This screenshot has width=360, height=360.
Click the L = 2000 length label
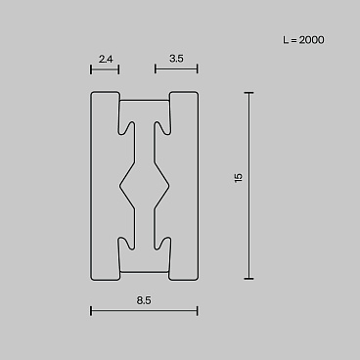(x=303, y=40)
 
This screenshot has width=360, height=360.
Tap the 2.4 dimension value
(x=106, y=59)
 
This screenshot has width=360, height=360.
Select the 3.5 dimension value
(x=176, y=59)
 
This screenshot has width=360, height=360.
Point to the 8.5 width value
(x=144, y=300)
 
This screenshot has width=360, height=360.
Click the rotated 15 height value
(x=239, y=178)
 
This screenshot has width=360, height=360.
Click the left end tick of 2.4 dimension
(x=91, y=69)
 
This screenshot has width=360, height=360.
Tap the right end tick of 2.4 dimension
(x=118, y=69)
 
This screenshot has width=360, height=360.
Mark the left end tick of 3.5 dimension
(x=156, y=69)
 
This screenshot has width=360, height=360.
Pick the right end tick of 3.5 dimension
(x=198, y=69)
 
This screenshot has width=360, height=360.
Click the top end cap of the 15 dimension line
(x=248, y=93)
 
